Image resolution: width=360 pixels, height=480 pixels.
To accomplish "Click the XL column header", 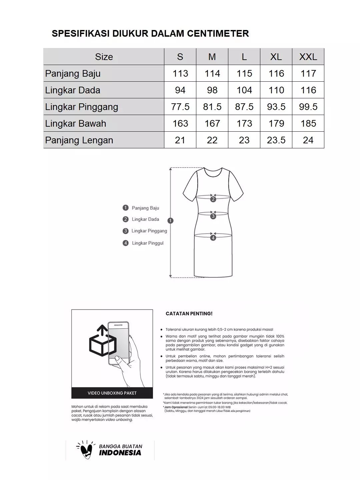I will point(276,57).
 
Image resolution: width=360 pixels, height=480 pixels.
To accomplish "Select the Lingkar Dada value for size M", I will point(212,90).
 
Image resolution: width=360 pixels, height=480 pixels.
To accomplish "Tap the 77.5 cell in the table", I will point(180,107).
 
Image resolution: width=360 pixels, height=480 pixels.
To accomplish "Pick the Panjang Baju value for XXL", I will point(308,73).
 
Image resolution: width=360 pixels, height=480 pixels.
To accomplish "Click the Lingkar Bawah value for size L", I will point(244,123).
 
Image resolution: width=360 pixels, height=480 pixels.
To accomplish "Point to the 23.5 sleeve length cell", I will point(276,140).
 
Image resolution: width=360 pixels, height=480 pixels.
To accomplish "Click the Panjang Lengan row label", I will point(79,140).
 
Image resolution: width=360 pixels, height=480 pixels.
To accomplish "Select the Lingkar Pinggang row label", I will point(82,107).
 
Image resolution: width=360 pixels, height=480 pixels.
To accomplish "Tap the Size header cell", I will point(104,57).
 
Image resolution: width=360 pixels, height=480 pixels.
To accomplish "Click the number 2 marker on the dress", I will point(213,199).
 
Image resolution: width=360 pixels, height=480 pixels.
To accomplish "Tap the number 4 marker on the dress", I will point(213,238).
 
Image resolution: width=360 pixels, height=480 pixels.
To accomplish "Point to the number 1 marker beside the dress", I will point(171,220).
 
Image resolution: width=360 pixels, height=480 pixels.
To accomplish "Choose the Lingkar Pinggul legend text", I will point(148,243).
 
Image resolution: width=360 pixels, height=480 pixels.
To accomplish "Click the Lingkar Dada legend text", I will point(145,219).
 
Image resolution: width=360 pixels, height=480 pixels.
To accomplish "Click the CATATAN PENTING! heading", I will point(189,314).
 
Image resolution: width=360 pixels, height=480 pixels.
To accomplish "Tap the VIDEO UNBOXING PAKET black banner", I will point(112,393).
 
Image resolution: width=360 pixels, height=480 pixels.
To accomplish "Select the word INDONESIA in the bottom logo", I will point(120,453).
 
